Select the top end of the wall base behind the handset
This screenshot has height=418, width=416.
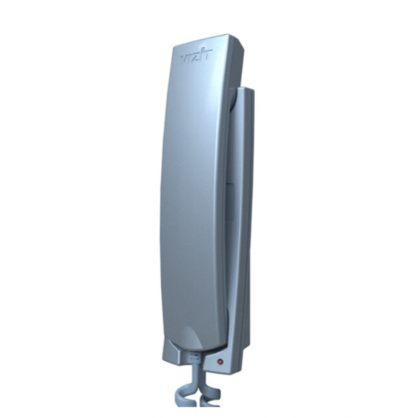[246, 89]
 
